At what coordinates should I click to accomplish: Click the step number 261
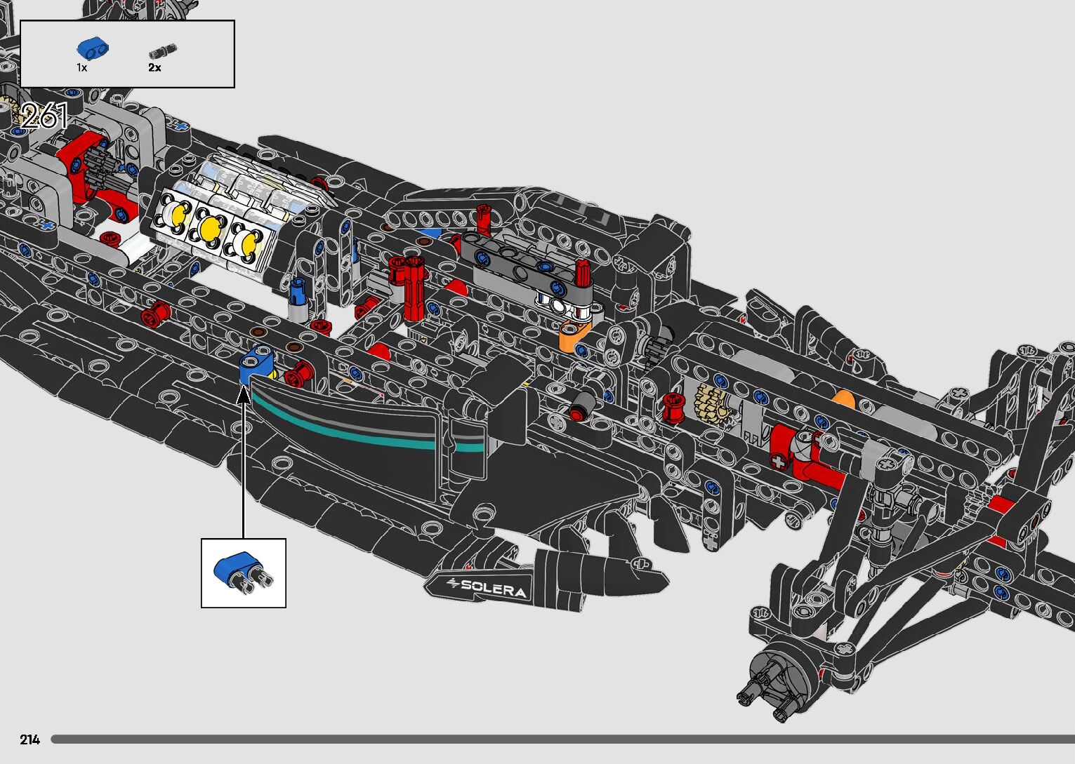click(x=44, y=116)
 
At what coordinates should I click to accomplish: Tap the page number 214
click(x=30, y=739)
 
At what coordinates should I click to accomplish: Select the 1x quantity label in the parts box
click(x=82, y=68)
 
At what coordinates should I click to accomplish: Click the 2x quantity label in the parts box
click(x=154, y=68)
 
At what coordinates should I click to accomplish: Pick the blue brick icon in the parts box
click(x=93, y=48)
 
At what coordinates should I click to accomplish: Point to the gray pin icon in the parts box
click(x=163, y=51)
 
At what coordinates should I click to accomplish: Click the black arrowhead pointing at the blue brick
click(x=243, y=395)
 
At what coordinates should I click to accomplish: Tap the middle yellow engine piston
click(x=210, y=227)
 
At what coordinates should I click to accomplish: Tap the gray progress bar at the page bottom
click(x=562, y=739)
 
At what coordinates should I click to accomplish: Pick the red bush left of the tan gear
click(x=673, y=408)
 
